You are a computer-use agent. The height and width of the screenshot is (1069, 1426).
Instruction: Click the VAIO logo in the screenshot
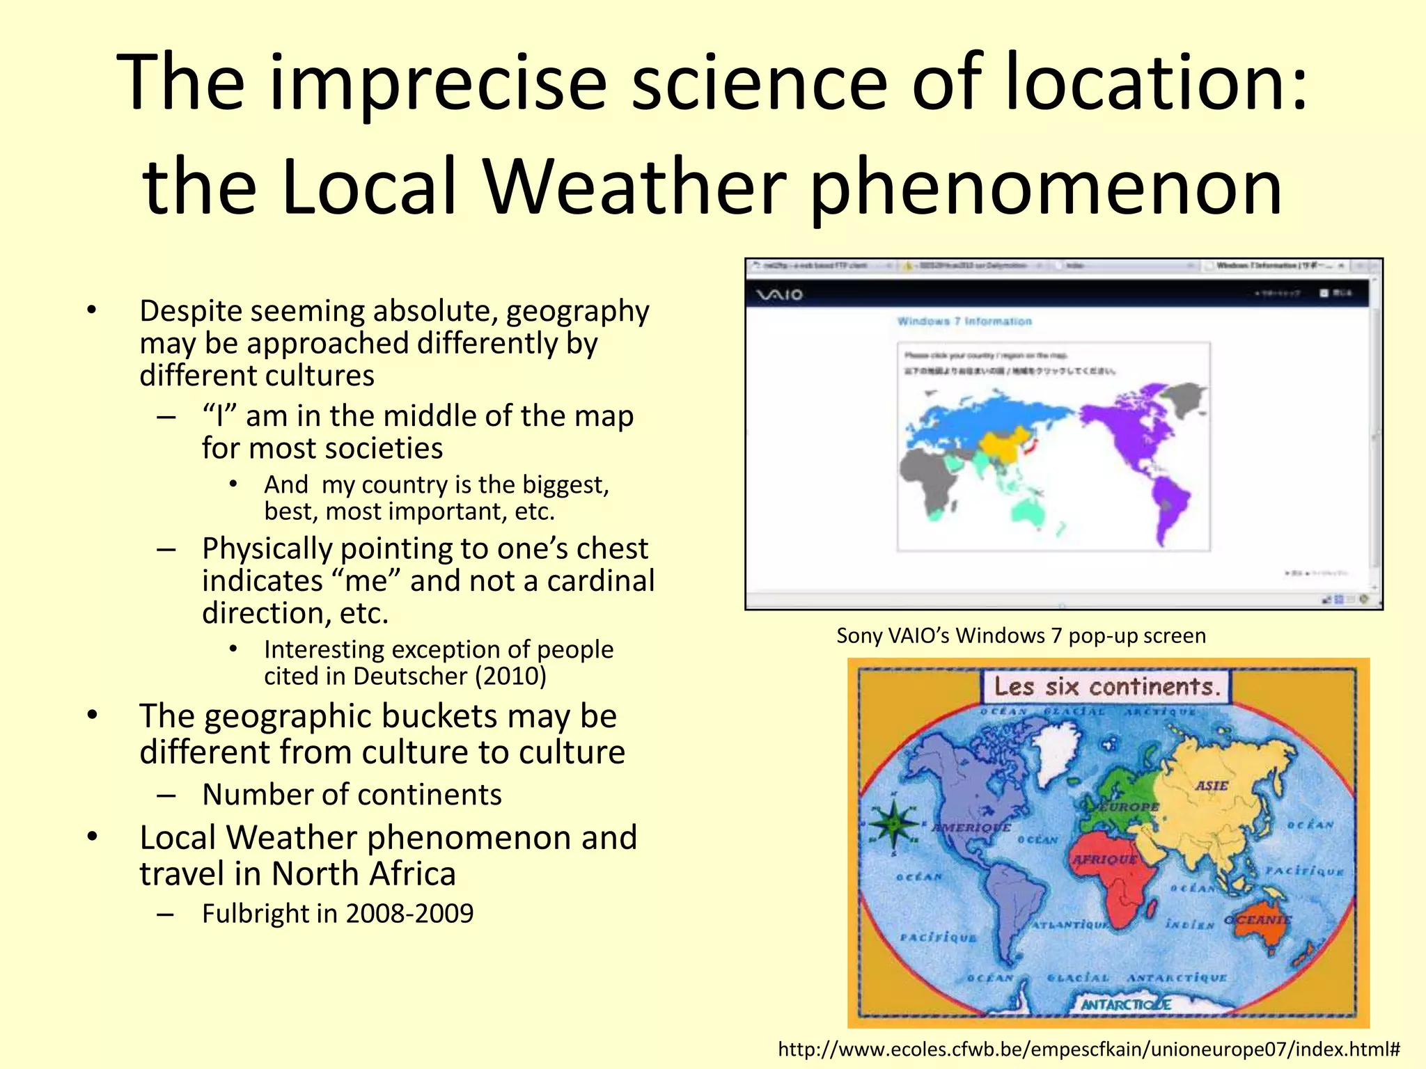coord(780,295)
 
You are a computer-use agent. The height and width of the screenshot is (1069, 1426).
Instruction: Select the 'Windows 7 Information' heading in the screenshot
coord(964,321)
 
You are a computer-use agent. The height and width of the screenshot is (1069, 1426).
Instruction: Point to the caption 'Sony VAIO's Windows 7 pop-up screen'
coord(1021,635)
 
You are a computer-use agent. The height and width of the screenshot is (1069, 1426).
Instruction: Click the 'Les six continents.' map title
coord(1107,687)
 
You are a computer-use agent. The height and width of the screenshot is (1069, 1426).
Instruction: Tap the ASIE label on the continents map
coord(1212,786)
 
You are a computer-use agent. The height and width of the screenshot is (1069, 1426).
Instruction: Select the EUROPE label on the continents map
coord(1129,807)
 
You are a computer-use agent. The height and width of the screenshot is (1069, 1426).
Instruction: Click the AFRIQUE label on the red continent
coord(1104,860)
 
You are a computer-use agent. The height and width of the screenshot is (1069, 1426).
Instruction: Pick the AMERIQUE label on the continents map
coord(971,828)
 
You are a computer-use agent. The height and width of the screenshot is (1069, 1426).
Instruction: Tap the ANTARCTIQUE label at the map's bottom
coord(1126,1004)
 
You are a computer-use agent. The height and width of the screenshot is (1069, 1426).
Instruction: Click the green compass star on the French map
coord(894,823)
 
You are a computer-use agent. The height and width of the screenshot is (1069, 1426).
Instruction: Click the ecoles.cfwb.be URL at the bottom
coord(1088,1049)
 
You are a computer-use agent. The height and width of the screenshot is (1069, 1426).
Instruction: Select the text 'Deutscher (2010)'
coord(448,676)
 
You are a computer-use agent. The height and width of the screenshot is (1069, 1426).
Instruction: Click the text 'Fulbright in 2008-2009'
coord(338,913)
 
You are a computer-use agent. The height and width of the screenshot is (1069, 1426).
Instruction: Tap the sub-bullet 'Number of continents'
coord(352,794)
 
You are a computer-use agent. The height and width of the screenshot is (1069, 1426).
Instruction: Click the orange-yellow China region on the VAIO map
coord(1003,445)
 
